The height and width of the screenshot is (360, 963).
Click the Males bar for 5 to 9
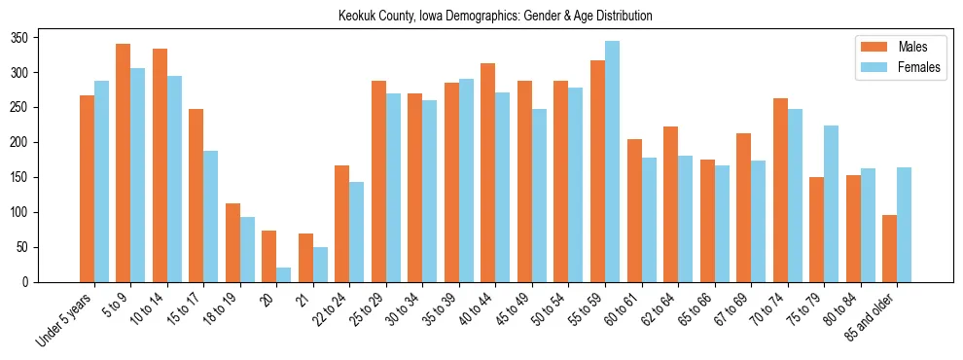point(124,162)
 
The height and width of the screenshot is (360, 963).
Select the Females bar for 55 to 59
point(612,162)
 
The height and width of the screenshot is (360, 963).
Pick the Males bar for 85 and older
point(889,248)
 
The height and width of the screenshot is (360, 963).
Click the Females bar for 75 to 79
point(831,203)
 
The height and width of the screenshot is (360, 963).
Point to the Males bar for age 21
point(305,258)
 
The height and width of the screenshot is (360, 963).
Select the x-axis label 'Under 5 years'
point(66,318)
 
